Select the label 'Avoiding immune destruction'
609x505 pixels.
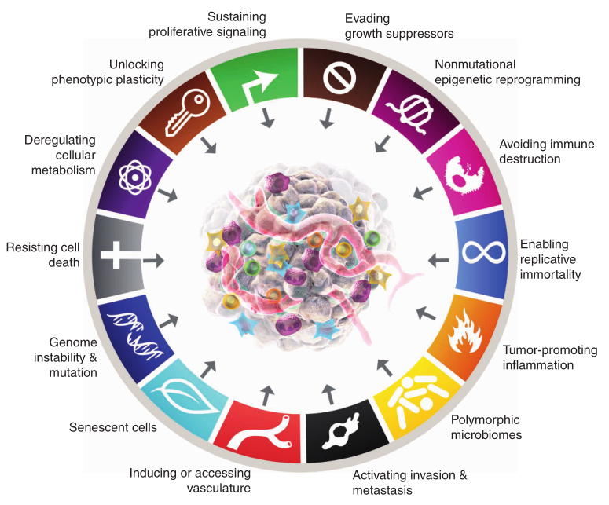541,152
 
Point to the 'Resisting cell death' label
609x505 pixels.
43,254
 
